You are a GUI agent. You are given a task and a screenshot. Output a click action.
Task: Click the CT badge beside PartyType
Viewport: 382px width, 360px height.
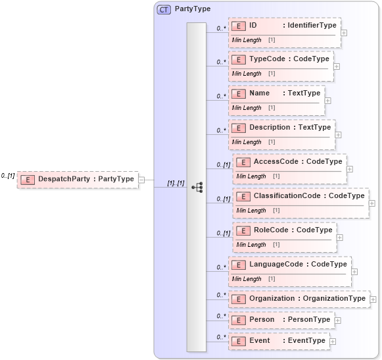164,9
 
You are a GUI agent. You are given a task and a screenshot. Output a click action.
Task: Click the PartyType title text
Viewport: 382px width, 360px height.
193,9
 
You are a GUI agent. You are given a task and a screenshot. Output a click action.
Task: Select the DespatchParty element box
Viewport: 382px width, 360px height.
78,179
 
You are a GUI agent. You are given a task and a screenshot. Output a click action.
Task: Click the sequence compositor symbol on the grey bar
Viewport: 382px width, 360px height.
197,187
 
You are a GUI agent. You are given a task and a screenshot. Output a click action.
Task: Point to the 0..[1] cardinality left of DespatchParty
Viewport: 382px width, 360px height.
8,176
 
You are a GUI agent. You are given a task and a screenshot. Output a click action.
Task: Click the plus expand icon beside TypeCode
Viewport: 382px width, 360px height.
337,66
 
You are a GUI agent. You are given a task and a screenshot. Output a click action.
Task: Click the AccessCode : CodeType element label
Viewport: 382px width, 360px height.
298,161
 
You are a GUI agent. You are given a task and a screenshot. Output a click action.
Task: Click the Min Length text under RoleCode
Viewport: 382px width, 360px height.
251,245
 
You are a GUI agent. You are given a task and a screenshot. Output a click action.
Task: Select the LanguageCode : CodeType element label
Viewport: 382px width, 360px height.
298,265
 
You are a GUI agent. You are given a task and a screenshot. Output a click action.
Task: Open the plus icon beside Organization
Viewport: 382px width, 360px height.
373,299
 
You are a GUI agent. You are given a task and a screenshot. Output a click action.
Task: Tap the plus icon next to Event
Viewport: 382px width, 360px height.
333,342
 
